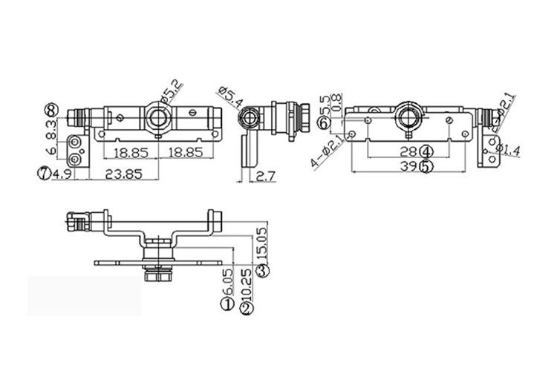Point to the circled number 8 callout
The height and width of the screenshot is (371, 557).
pyautogui.click(x=51, y=109)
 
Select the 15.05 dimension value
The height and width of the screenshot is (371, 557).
pyautogui.click(x=262, y=243)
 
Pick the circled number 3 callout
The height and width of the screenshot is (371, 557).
pyautogui.click(x=262, y=271)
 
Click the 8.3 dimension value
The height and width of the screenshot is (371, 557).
pyautogui.click(x=51, y=131)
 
